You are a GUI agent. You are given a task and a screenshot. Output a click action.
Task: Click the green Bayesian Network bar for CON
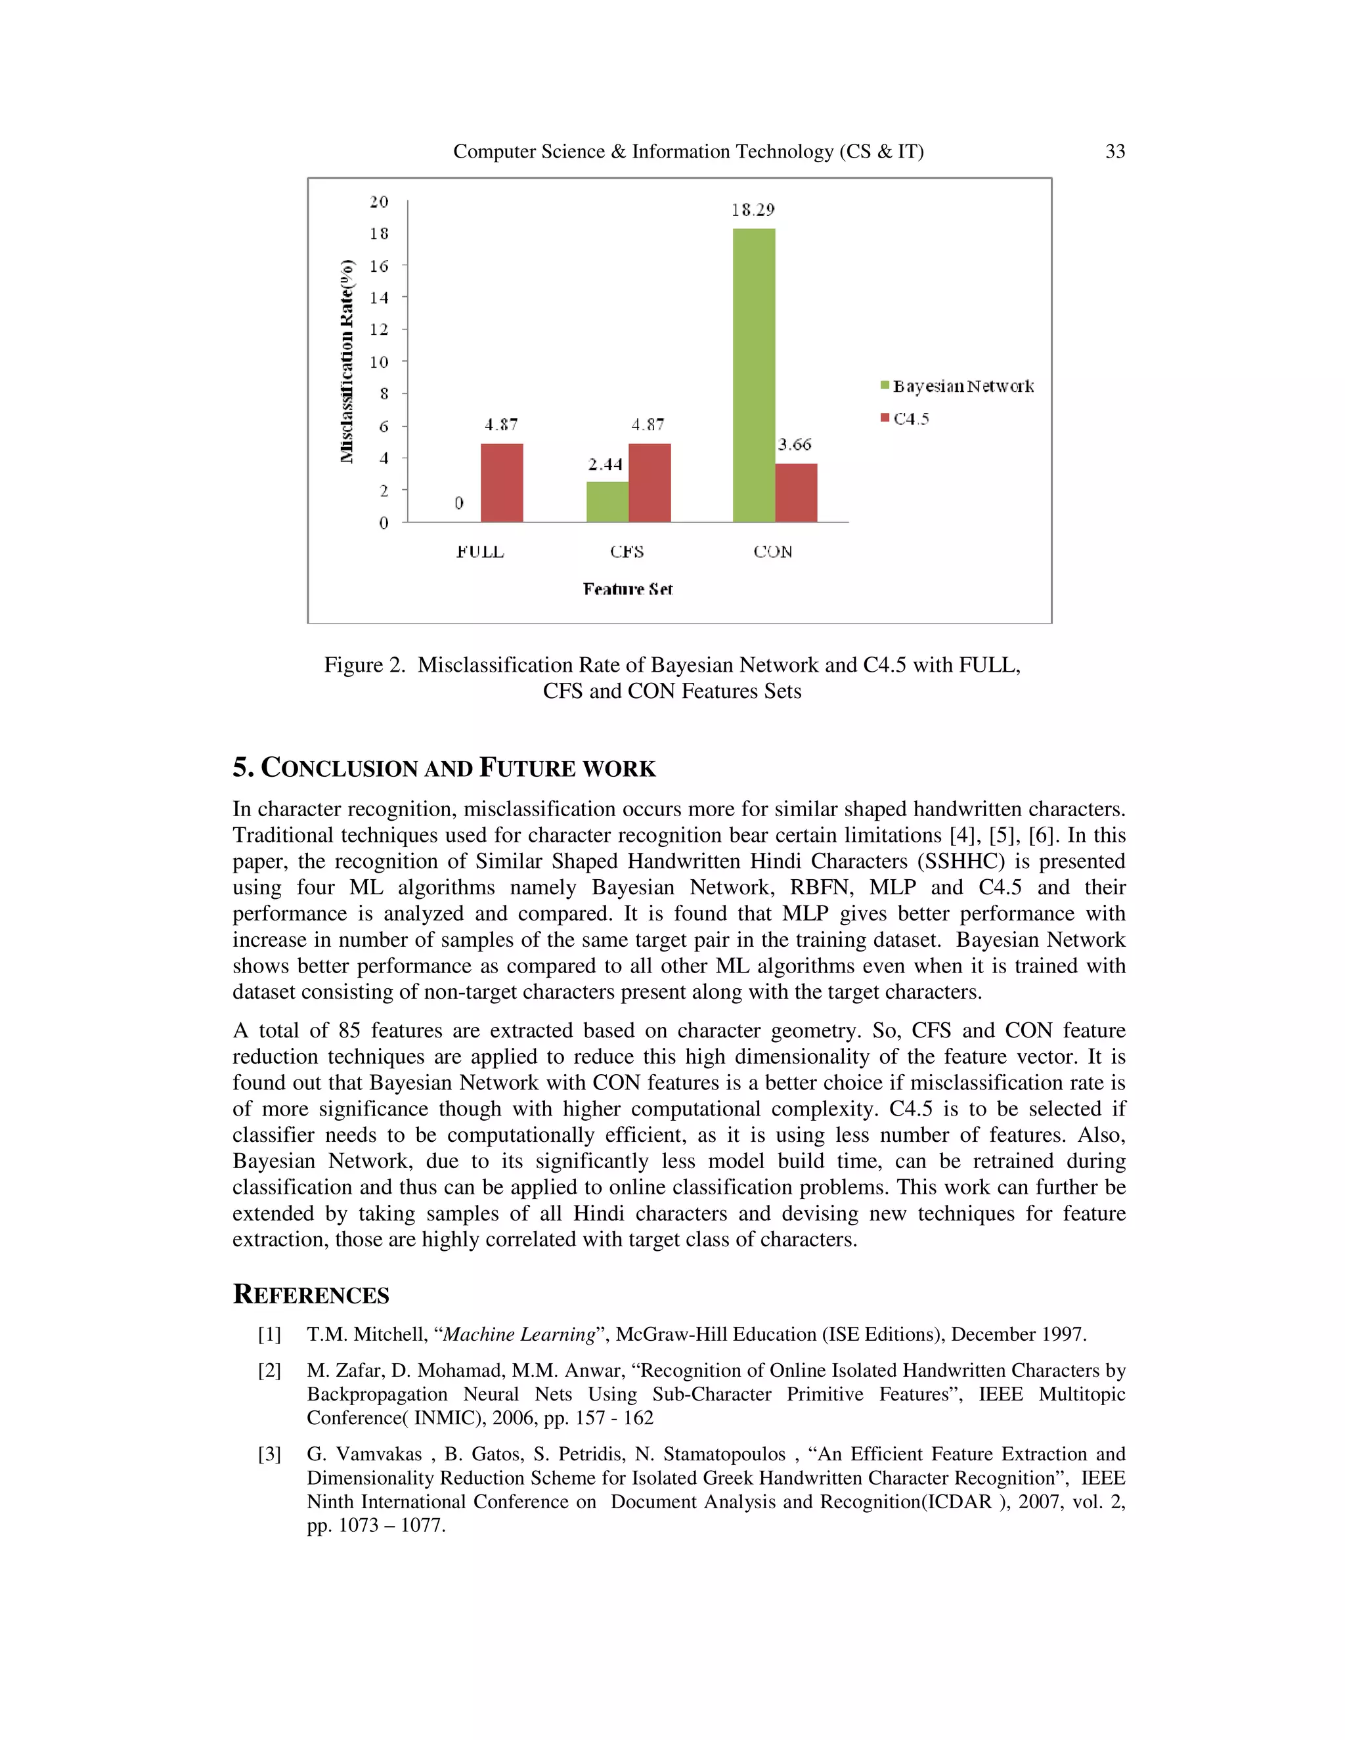(754, 374)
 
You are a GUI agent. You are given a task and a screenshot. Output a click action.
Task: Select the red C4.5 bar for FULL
(502, 483)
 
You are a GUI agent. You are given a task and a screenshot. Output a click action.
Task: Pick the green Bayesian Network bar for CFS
(607, 501)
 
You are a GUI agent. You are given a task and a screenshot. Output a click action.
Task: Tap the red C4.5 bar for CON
(796, 492)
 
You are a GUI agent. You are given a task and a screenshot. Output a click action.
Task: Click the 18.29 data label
(753, 210)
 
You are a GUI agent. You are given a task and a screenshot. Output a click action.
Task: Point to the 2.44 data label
(606, 464)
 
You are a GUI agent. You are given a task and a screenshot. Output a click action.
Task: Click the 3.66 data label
(795, 445)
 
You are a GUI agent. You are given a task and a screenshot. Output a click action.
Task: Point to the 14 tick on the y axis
(380, 298)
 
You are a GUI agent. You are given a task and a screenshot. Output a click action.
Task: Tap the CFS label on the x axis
(627, 552)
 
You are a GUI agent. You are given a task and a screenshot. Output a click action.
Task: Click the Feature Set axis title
(628, 590)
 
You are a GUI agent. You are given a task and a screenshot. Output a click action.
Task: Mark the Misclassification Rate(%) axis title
(347, 361)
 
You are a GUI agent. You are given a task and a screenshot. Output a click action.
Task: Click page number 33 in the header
(1114, 152)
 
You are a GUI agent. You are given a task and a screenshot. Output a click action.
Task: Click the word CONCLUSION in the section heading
(341, 769)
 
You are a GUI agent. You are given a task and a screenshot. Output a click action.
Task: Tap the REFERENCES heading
(311, 1295)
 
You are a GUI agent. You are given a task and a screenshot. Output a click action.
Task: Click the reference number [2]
(269, 1370)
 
